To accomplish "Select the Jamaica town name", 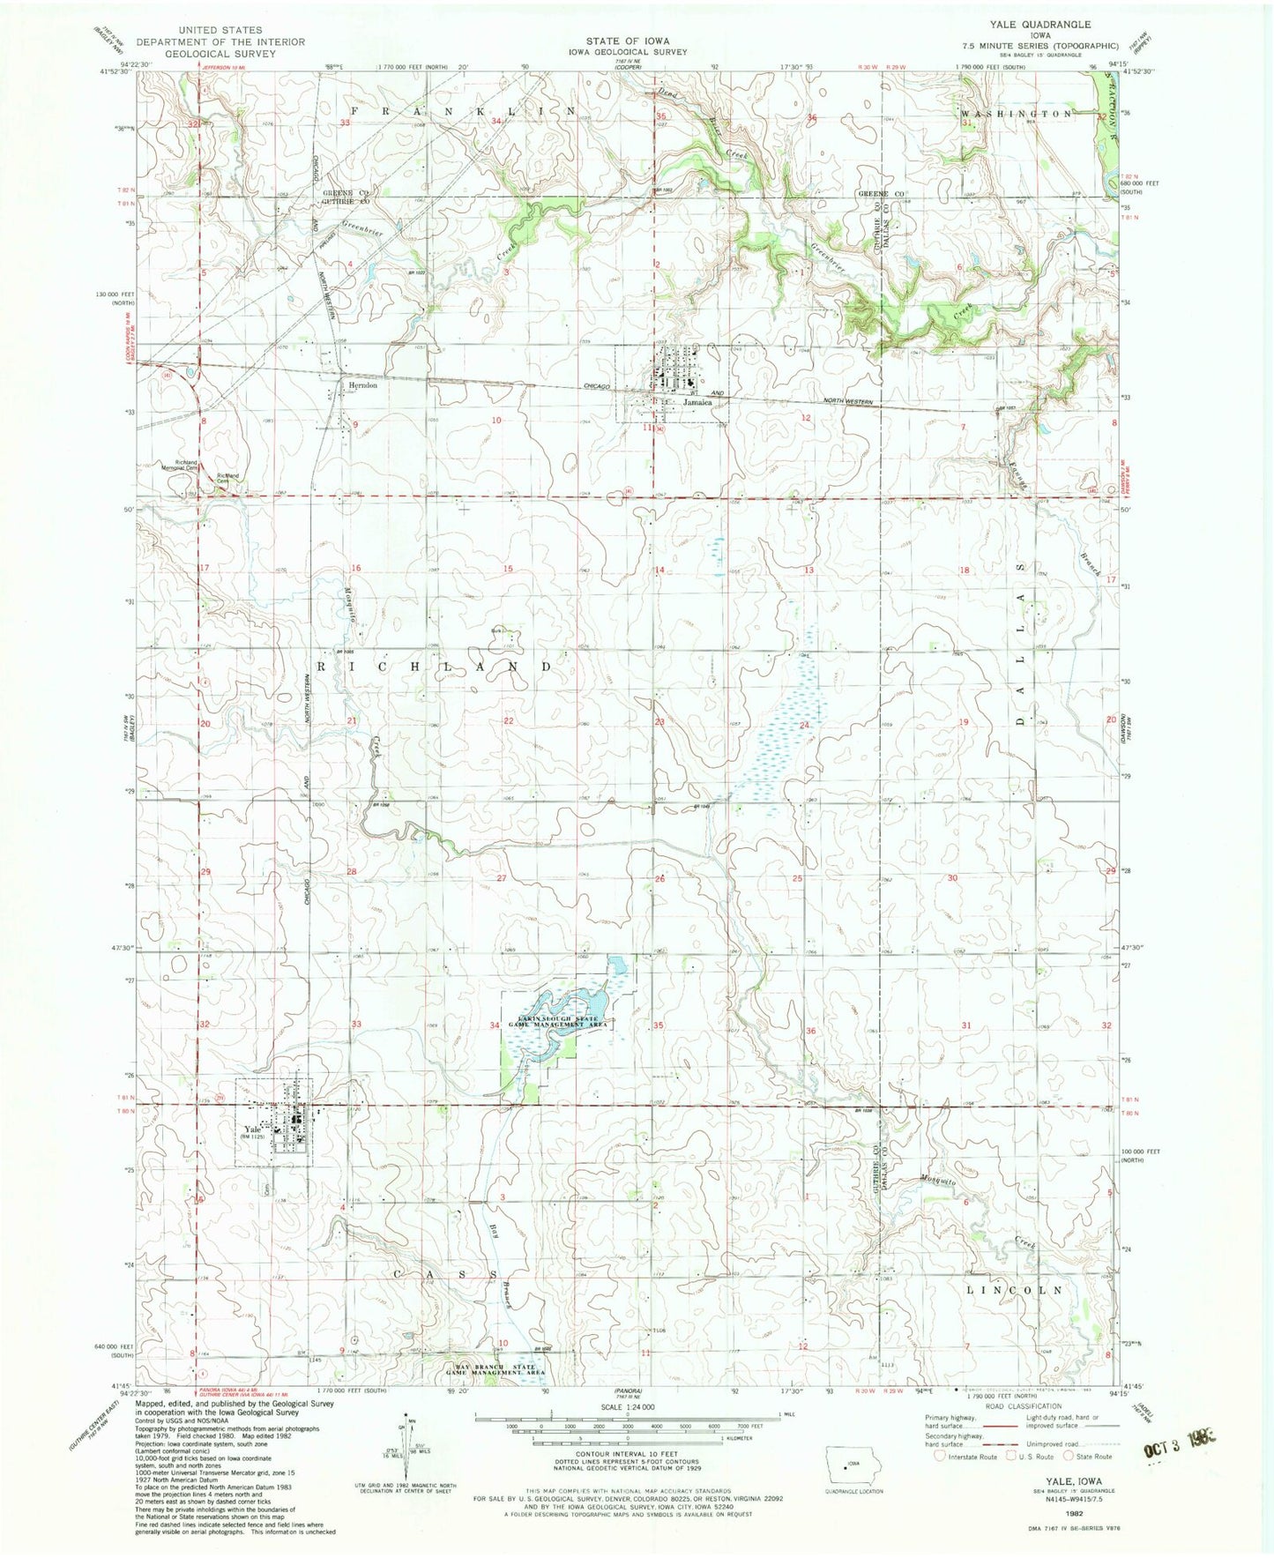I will [696, 401].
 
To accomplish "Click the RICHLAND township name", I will [433, 667].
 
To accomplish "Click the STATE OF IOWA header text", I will [628, 41].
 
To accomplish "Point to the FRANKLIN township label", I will [462, 111].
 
